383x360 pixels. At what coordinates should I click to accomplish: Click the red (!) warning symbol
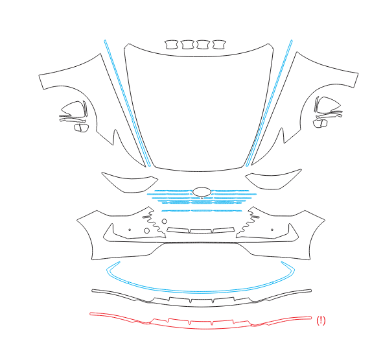[x=321, y=320]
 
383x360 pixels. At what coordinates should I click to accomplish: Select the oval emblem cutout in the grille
[x=202, y=192]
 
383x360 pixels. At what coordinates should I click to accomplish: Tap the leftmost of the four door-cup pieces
[x=172, y=45]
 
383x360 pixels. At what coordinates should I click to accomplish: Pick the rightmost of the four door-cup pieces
[x=219, y=45]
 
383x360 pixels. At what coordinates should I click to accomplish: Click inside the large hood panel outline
[x=198, y=108]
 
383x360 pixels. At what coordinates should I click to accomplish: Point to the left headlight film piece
[x=130, y=183]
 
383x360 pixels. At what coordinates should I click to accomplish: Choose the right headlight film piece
[x=273, y=180]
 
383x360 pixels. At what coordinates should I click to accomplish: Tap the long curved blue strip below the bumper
[x=200, y=292]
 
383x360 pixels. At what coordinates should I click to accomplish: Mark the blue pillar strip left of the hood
[x=127, y=102]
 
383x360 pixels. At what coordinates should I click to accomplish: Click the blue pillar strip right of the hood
[x=269, y=102]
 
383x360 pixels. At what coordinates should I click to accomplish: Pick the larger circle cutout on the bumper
[x=146, y=230]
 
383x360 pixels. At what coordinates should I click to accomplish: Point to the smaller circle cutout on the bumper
[x=165, y=221]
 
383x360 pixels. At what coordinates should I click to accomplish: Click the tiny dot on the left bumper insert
[x=130, y=230]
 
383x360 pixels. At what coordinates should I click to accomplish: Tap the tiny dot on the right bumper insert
[x=272, y=230]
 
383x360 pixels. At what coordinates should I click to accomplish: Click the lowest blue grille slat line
[x=202, y=211]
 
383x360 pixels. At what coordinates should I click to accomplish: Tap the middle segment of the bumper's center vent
[x=201, y=231]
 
